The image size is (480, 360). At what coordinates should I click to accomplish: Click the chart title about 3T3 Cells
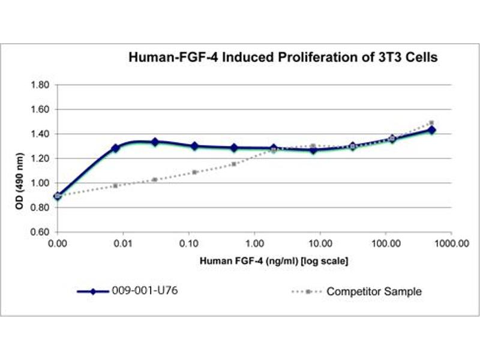click(283, 58)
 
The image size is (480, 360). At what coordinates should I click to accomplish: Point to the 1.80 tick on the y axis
click(41, 85)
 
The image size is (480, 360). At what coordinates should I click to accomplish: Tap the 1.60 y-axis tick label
click(41, 110)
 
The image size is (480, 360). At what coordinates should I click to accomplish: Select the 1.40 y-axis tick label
click(41, 134)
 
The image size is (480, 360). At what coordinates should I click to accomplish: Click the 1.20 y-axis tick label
click(41, 159)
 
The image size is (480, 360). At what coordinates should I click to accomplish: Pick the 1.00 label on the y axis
click(41, 184)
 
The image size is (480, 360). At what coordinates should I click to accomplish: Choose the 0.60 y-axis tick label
click(41, 232)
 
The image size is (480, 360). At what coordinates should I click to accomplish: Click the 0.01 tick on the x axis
click(123, 244)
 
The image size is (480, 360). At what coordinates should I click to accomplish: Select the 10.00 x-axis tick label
click(319, 244)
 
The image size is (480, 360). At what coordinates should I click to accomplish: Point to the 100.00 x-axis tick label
click(385, 244)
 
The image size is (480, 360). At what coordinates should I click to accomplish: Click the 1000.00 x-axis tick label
click(451, 244)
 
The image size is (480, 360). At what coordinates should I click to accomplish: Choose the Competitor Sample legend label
click(373, 292)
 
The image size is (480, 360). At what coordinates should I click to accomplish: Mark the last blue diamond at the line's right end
click(431, 130)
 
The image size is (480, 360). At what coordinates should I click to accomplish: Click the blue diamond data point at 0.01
click(116, 148)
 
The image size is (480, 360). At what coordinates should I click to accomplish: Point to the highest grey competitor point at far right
click(431, 123)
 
